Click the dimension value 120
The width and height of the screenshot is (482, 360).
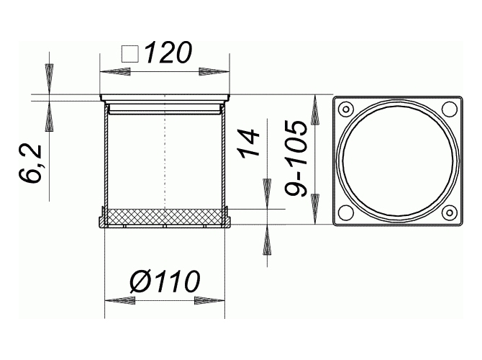point(168,53)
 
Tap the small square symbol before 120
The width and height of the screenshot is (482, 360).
point(130,55)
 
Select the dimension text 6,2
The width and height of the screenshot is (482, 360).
point(30,163)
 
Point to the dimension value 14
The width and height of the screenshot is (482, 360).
point(248,144)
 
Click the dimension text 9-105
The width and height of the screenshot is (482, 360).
point(296,158)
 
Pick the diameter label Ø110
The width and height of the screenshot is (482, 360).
point(165,281)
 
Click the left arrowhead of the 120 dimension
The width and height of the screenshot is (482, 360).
point(115,72)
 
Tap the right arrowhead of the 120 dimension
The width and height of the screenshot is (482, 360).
point(214,72)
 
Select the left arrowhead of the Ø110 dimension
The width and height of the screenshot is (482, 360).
point(120,301)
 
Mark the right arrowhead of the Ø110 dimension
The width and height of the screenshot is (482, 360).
point(209,301)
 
